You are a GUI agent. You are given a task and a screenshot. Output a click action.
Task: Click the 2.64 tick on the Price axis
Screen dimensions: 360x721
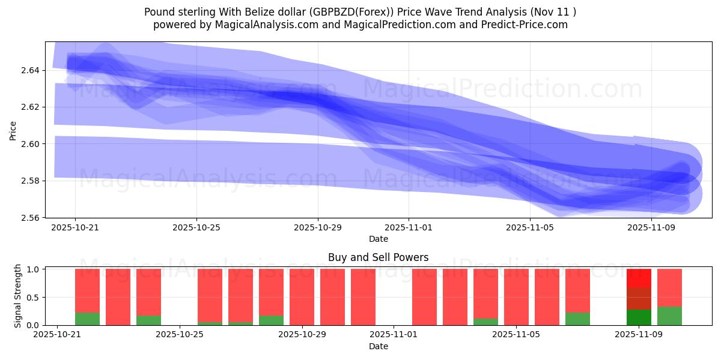coord(31,70)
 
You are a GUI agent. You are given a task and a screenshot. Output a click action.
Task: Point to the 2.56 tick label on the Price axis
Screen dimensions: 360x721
coord(31,217)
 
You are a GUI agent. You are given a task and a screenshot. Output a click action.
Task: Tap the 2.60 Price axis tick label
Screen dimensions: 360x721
coord(31,144)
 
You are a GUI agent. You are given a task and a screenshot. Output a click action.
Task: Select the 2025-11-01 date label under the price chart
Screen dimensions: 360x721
coord(409,228)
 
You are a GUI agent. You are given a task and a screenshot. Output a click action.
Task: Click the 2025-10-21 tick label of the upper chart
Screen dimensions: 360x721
coord(75,228)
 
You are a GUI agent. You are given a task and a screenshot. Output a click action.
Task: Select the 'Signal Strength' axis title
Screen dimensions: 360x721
coord(18,296)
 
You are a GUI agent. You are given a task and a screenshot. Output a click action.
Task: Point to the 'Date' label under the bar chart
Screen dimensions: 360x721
coord(378,346)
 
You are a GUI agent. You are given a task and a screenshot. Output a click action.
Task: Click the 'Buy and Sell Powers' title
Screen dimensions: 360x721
coord(378,257)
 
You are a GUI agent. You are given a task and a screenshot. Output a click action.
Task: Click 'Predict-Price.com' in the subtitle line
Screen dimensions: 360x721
coord(519,25)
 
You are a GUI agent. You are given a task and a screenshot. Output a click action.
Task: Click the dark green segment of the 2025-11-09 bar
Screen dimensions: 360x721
coord(639,317)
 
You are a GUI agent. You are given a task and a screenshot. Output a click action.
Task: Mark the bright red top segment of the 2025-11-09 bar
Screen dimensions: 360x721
coord(639,278)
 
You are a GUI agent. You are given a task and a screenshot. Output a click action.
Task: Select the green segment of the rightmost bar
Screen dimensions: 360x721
coord(669,316)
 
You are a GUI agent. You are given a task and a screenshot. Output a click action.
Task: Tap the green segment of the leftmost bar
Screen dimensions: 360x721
coord(87,319)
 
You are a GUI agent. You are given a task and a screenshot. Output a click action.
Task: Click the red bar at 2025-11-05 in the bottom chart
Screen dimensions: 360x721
coord(516,297)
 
